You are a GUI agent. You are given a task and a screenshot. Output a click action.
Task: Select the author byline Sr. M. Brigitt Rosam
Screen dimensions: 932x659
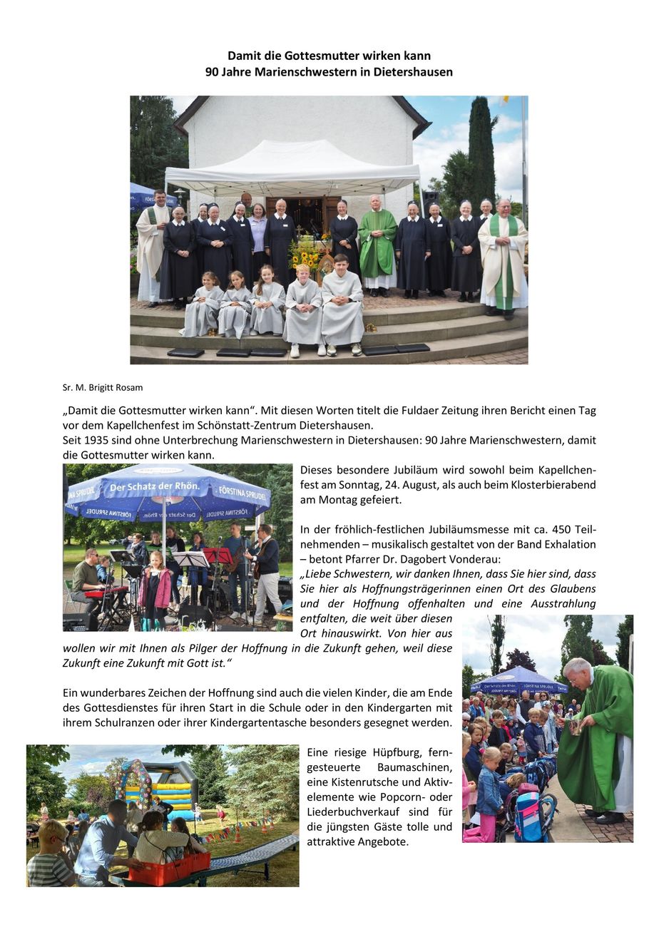pos(103,388)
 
